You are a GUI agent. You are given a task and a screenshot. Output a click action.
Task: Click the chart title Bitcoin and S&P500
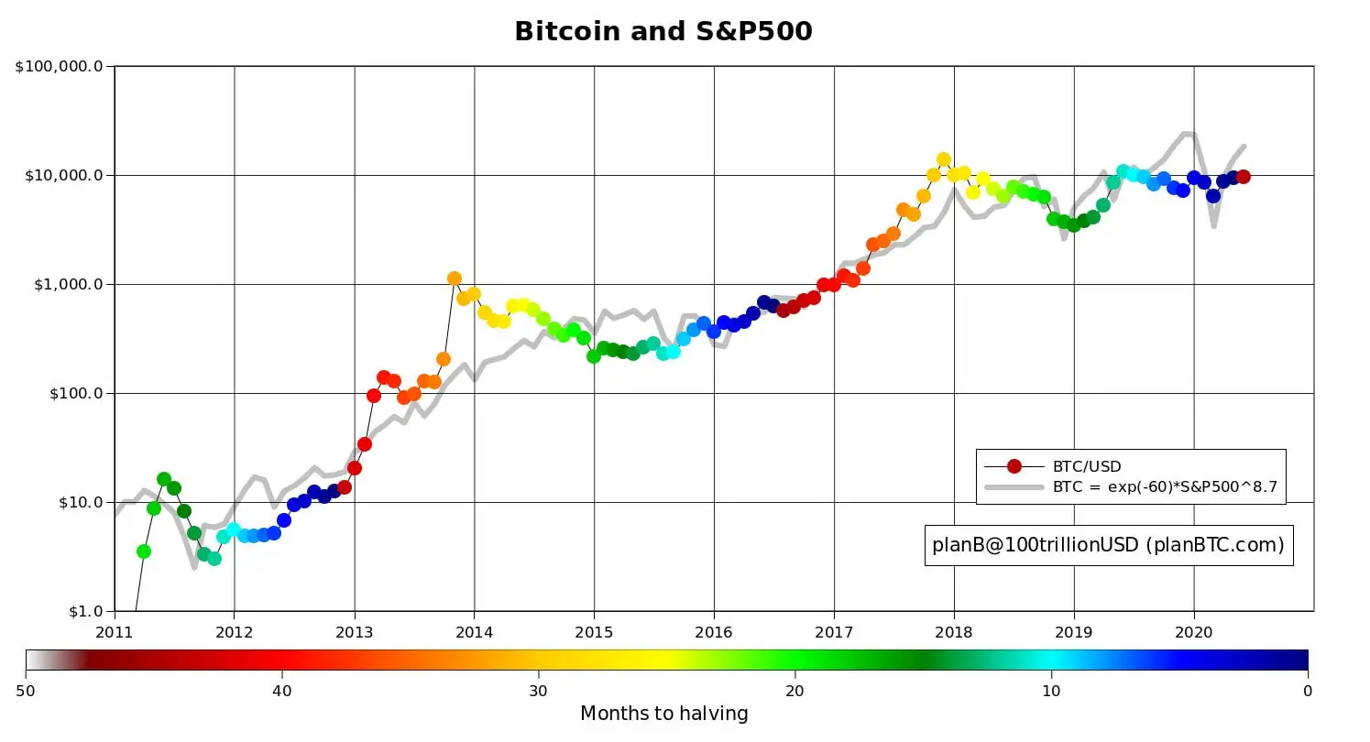tap(663, 31)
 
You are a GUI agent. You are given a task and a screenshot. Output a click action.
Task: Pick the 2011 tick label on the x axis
tap(115, 631)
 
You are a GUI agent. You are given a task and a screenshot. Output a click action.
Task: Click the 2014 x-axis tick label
tap(474, 631)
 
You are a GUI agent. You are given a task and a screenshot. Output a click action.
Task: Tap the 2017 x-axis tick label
tap(834, 631)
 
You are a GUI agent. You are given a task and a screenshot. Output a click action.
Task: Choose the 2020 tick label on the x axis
tap(1194, 631)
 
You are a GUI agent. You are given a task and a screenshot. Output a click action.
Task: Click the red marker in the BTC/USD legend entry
tap(1014, 466)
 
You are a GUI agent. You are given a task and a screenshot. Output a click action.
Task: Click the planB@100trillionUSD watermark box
tap(1108, 545)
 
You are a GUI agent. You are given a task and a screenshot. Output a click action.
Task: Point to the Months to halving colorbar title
tap(664, 714)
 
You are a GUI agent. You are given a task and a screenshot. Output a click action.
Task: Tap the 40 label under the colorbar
tap(281, 690)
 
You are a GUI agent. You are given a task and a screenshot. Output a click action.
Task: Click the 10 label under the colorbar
tap(1051, 690)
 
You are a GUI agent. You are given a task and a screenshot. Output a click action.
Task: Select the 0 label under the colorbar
tap(1308, 690)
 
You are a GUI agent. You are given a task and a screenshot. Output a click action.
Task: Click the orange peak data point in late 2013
tap(454, 278)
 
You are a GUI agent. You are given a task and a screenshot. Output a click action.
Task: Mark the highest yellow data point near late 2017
tap(944, 159)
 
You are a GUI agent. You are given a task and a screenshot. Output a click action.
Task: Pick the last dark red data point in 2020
tap(1244, 177)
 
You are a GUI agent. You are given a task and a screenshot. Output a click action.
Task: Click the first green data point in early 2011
tap(144, 551)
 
